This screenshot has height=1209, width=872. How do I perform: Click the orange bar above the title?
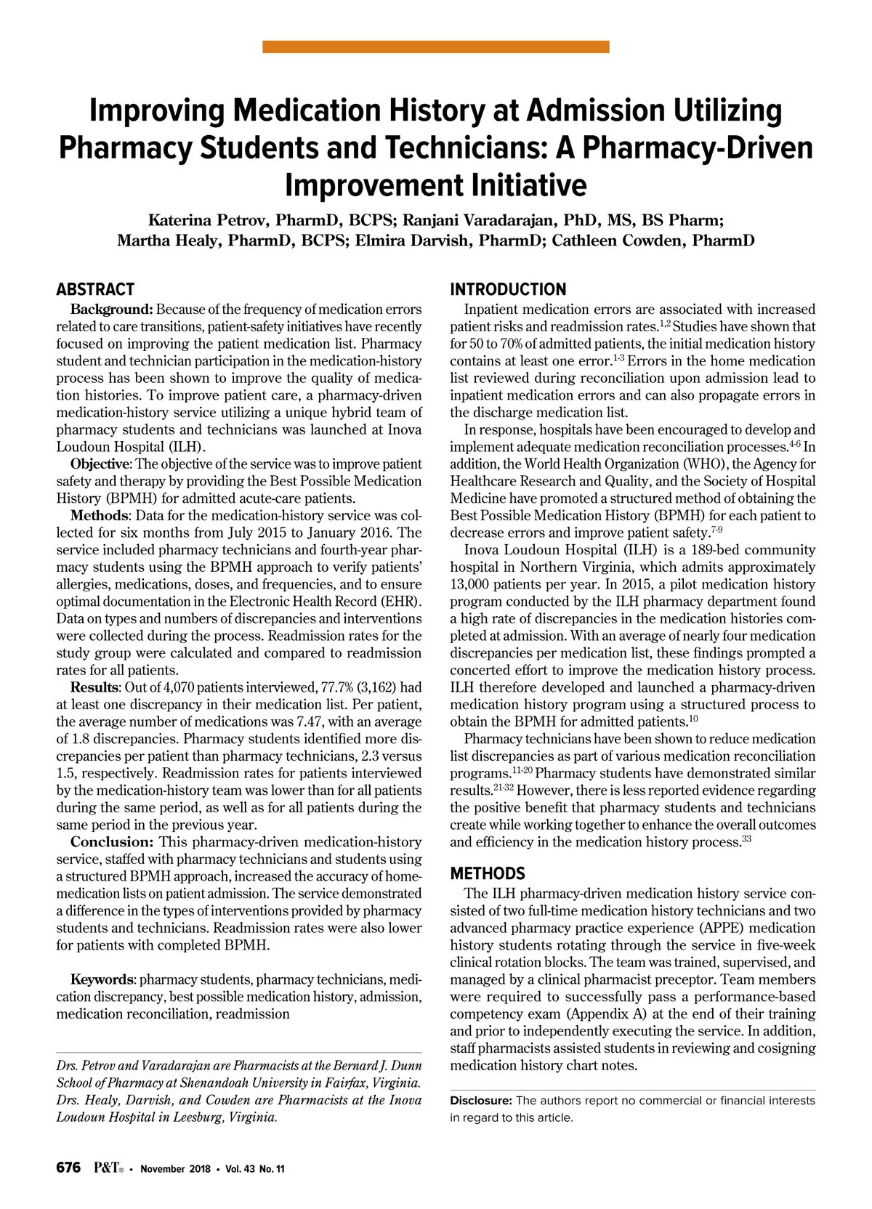pos(435,46)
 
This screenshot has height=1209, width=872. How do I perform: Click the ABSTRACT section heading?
pos(95,289)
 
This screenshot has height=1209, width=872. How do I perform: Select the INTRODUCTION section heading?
pos(508,289)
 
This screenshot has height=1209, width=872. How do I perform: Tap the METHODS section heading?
pos(488,873)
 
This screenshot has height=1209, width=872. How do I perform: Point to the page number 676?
pos(68,1168)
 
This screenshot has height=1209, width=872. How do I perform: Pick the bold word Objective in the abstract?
pos(100,464)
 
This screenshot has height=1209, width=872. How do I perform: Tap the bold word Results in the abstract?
pos(94,687)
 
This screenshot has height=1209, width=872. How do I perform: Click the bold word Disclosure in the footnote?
pos(480,1101)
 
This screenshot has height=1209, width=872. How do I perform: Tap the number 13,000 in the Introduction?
pos(473,584)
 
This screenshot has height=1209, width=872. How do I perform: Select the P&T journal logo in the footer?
pos(108,1168)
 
